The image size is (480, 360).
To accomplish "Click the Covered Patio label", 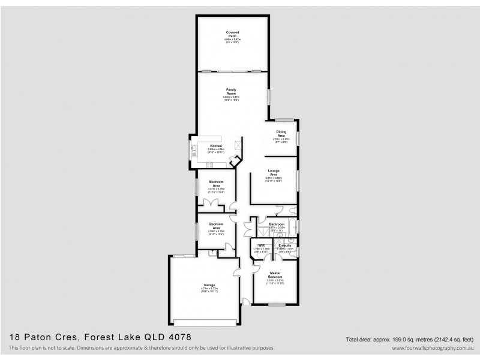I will (232, 34).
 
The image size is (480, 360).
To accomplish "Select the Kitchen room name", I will (215, 146).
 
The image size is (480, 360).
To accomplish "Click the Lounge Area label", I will (274, 172).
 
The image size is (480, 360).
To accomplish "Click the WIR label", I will (262, 245).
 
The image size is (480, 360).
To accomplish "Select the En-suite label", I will (285, 245).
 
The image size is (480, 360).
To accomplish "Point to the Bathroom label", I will (277, 224).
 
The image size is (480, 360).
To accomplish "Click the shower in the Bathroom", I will (262, 231).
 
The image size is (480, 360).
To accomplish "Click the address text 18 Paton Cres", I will (47, 338).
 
